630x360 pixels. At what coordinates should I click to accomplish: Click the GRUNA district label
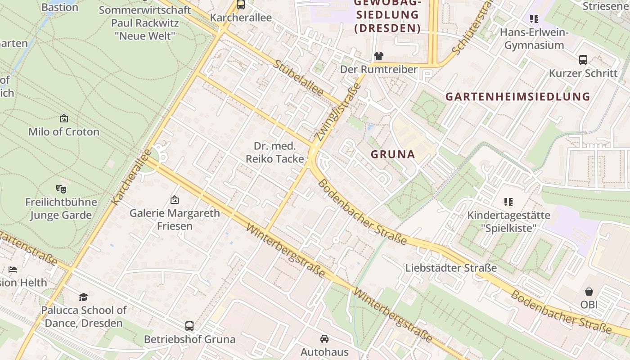[393, 154]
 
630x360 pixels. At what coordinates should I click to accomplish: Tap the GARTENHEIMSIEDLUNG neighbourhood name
[517, 96]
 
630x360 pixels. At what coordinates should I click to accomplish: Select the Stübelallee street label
[298, 78]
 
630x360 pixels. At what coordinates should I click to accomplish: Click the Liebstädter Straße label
[451, 268]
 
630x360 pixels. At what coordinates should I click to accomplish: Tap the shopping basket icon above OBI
[589, 292]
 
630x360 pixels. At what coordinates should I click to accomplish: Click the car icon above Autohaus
[324, 338]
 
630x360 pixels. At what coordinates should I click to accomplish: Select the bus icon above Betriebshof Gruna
[189, 326]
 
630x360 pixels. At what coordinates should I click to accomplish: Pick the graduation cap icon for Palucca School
[84, 297]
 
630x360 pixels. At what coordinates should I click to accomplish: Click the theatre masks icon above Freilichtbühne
[61, 189]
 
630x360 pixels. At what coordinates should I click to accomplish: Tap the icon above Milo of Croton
[64, 119]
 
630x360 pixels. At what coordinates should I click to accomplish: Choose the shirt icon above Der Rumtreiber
[378, 56]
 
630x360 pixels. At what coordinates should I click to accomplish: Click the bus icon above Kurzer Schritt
[583, 59]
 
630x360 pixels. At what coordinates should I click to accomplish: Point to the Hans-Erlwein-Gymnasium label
[534, 39]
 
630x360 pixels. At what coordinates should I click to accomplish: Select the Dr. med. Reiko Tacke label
[274, 152]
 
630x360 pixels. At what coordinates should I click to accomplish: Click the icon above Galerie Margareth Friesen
[175, 200]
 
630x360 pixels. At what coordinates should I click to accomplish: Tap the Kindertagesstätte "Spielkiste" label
[508, 221]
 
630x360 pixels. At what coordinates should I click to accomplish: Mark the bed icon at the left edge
[13, 270]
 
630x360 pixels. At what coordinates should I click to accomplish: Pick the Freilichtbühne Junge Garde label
[61, 208]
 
